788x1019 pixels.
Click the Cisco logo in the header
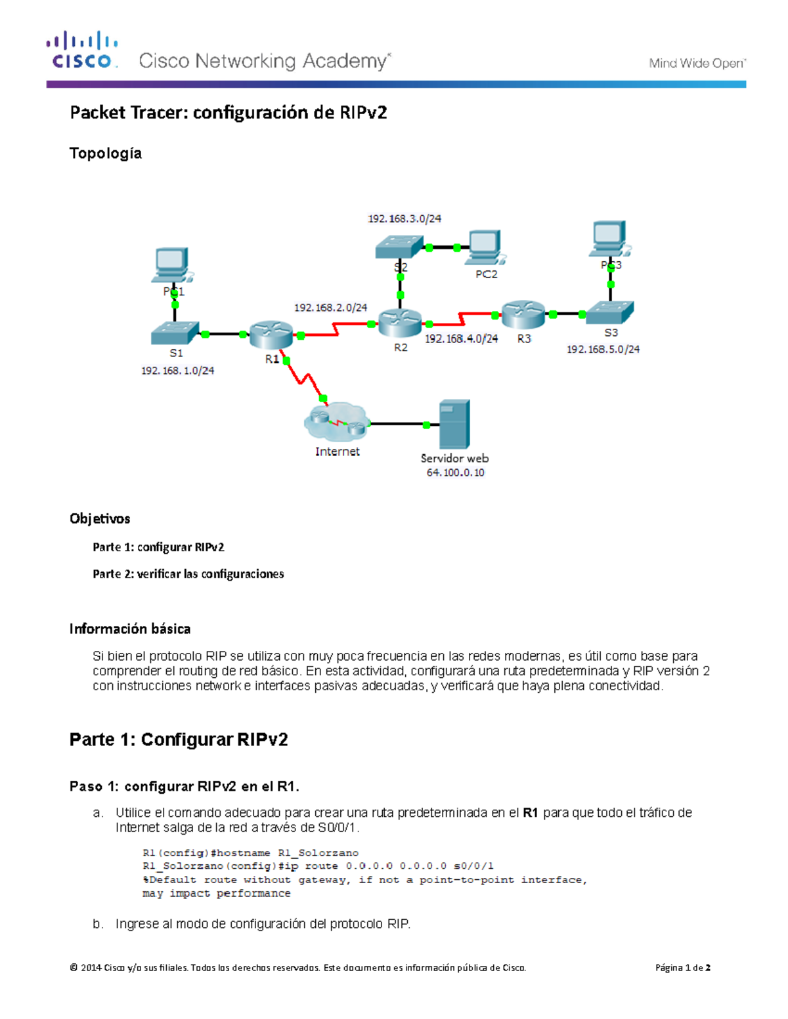click(82, 50)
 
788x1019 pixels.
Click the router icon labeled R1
click(271, 335)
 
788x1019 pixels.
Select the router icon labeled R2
click(400, 323)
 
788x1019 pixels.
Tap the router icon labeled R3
click(523, 314)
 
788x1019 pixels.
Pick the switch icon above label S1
click(175, 333)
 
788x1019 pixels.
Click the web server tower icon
click(454, 424)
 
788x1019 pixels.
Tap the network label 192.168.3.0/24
click(405, 218)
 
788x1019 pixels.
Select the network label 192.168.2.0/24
click(330, 307)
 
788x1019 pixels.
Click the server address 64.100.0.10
click(455, 472)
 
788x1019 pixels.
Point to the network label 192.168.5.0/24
click(603, 349)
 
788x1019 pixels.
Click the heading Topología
click(106, 153)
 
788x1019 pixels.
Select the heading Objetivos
click(100, 518)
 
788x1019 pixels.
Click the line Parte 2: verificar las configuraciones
click(188, 573)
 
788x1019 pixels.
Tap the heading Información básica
click(130, 629)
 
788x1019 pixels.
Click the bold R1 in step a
click(531, 812)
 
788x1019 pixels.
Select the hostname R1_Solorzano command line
click(250, 852)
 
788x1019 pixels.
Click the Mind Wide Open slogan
click(697, 63)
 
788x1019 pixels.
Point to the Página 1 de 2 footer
click(682, 967)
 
